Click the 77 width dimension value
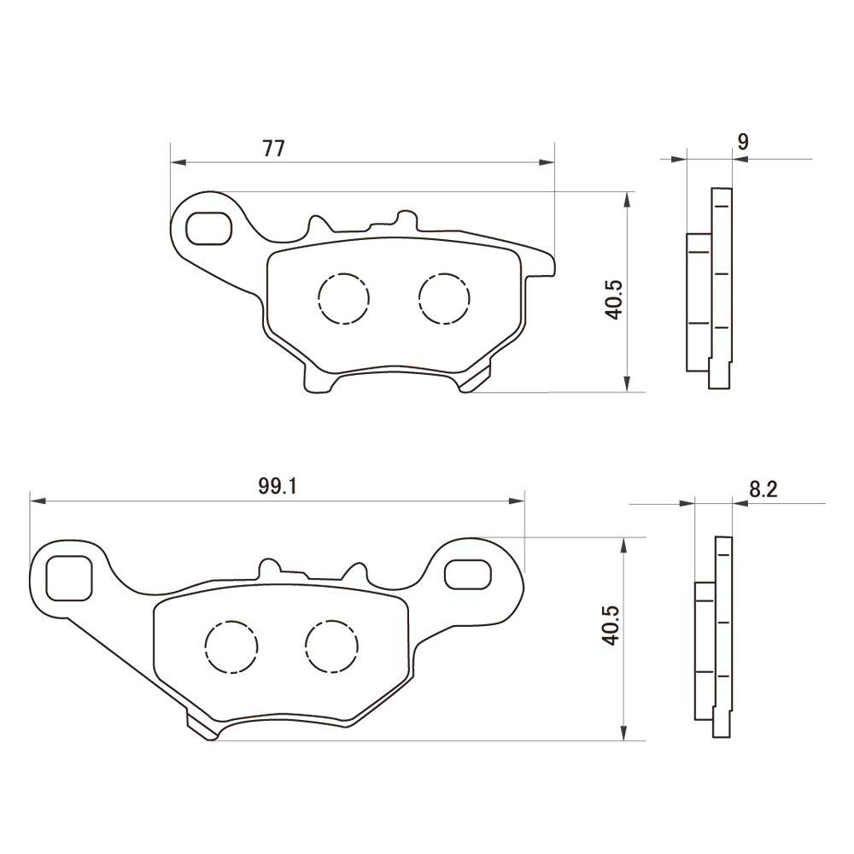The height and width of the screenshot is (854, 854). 274,148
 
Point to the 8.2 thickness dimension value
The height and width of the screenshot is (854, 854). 763,489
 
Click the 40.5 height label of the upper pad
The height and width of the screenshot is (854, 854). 616,300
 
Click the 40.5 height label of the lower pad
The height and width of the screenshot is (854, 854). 611,625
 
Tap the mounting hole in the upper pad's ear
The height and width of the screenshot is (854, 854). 208,228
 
